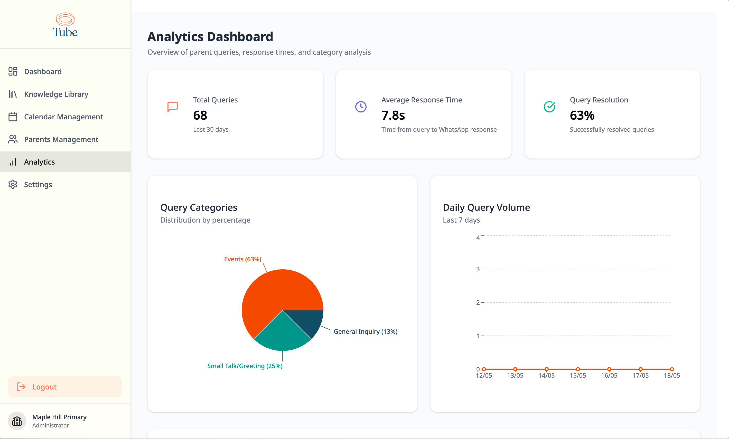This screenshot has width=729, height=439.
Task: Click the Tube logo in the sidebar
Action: tap(65, 25)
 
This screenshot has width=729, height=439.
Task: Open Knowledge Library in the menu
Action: tap(56, 94)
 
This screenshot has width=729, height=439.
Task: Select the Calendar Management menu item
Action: tap(63, 117)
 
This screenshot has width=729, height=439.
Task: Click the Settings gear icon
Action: tap(13, 185)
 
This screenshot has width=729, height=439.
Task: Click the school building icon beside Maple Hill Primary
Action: tap(17, 421)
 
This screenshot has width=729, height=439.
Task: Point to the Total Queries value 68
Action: tap(200, 115)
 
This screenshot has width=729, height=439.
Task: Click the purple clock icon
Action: tap(361, 107)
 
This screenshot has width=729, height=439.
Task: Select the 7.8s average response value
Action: tap(393, 115)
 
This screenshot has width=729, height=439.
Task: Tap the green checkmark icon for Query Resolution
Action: tap(549, 107)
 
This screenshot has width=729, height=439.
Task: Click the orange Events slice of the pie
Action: tap(275, 293)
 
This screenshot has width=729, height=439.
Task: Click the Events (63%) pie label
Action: tap(242, 259)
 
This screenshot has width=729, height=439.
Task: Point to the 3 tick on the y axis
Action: tap(478, 269)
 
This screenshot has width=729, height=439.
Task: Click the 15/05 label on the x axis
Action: tap(577, 375)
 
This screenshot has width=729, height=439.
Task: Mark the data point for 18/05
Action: tap(672, 369)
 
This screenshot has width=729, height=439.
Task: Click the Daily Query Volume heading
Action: tap(486, 207)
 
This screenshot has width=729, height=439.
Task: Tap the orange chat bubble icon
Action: tap(172, 107)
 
